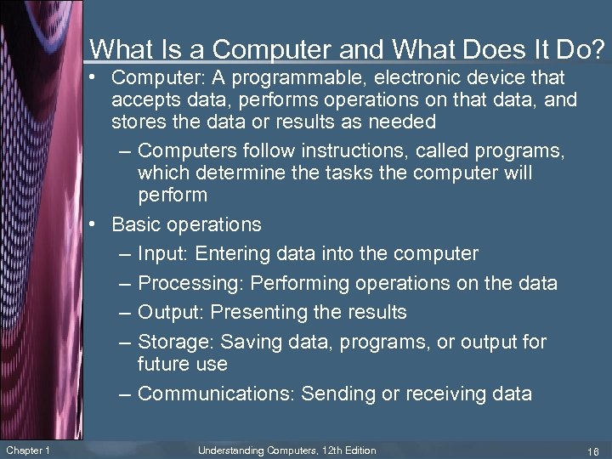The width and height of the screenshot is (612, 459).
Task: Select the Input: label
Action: pos(165,254)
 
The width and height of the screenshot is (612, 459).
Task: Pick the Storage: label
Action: pos(176,343)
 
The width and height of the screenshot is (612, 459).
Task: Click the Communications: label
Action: pos(216,394)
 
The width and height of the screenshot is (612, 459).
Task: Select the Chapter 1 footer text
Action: pos(27,450)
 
